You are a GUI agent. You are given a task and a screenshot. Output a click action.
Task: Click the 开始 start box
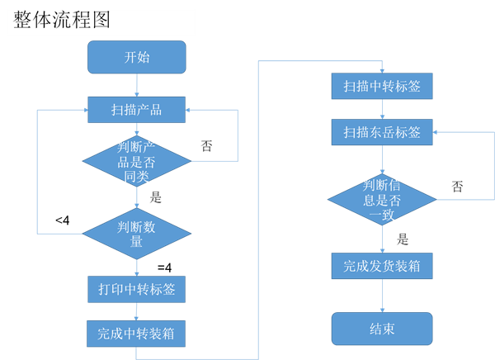click(x=137, y=58)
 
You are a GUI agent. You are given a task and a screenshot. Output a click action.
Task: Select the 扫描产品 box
click(x=137, y=109)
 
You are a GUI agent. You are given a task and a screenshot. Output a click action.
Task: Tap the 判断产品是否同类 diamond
click(x=137, y=162)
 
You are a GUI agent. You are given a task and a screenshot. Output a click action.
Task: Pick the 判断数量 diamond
click(x=137, y=234)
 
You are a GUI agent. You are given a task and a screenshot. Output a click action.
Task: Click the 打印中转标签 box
click(x=137, y=289)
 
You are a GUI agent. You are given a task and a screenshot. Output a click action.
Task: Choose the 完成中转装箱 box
click(x=137, y=334)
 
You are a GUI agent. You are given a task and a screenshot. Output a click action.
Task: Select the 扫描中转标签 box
click(x=382, y=86)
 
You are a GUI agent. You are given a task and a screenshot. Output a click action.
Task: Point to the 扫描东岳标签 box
click(x=382, y=132)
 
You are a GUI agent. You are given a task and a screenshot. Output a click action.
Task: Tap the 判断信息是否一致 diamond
click(x=382, y=199)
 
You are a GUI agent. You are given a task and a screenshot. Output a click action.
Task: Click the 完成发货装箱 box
click(x=382, y=266)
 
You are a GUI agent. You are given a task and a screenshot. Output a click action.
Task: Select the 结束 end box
click(x=382, y=329)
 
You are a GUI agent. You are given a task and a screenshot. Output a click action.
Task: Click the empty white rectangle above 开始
click(x=101, y=23)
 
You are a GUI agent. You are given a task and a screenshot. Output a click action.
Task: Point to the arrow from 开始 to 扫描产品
click(x=137, y=85)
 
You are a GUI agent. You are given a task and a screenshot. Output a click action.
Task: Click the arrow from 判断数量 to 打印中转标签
click(x=137, y=268)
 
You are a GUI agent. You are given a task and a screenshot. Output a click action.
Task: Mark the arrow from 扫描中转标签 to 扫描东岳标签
click(x=382, y=109)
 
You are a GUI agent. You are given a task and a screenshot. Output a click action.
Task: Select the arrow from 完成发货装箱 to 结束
click(x=382, y=296)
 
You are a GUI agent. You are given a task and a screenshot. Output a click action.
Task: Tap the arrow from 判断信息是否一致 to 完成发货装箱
click(x=382, y=239)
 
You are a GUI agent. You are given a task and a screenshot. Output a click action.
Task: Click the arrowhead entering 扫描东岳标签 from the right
click(x=437, y=132)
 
